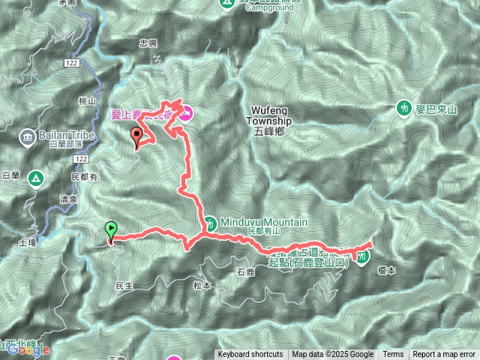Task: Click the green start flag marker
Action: [112, 229]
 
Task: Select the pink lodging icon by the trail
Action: [186, 114]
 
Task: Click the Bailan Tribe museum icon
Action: [28, 136]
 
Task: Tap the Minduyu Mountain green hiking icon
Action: [212, 222]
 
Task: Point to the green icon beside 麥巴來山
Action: [404, 109]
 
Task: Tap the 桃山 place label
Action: [88, 100]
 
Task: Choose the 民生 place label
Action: [124, 286]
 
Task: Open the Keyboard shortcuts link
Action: [250, 355]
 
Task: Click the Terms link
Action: [393, 355]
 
